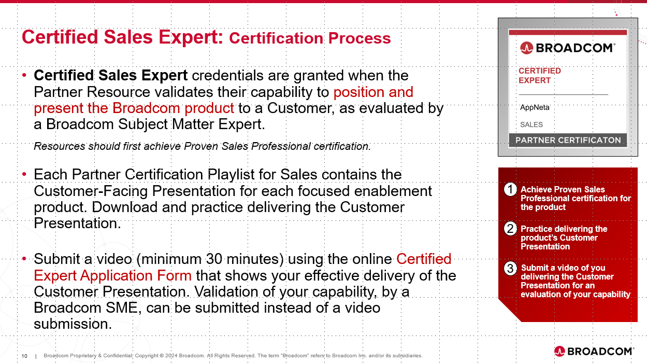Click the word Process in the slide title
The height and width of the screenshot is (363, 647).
360,38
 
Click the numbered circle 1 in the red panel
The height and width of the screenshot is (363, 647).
510,190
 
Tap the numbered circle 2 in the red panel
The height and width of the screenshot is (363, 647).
510,229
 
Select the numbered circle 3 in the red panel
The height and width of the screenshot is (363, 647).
510,268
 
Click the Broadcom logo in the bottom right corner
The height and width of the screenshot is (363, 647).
594,352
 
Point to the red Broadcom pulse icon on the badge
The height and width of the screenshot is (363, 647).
526,48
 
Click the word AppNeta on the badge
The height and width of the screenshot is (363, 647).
535,107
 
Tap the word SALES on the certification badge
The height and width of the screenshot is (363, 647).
531,124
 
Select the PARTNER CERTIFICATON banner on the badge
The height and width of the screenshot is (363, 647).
568,141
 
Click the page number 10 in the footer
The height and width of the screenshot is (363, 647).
24,356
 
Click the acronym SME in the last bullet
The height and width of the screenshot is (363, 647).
121,308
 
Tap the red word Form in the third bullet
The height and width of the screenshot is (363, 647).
174,275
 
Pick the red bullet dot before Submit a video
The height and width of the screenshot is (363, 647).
24,259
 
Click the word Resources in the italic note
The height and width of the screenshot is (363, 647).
60,146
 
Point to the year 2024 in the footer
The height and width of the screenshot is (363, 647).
171,356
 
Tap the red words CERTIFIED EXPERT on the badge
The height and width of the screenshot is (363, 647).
540,76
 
